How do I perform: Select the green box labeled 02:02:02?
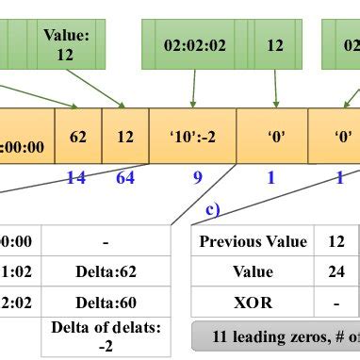pyautogui.click(x=193, y=44)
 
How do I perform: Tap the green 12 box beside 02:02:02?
pyautogui.click(x=274, y=44)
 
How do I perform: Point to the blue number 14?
pyautogui.click(x=75, y=176)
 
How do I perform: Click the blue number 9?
pyautogui.click(x=197, y=176)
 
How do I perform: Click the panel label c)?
pyautogui.click(x=214, y=209)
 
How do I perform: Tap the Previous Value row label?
pyautogui.click(x=253, y=241)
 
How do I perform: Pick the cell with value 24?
pyautogui.click(x=335, y=272)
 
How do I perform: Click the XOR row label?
pyautogui.click(x=253, y=303)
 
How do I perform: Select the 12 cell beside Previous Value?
pyautogui.click(x=335, y=241)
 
